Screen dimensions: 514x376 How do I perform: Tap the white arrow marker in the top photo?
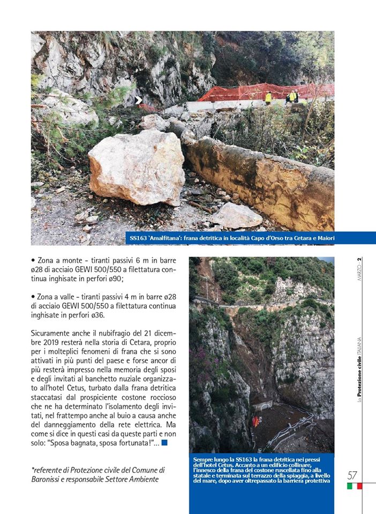coord(138,100)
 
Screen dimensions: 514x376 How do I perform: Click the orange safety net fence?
coord(257,91)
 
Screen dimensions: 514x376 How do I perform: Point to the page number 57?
coord(352,475)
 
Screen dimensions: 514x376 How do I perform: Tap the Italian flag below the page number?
coord(355,486)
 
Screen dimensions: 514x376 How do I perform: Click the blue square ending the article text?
coord(164,442)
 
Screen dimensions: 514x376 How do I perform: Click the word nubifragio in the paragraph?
coord(106,333)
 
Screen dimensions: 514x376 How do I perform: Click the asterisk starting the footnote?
coord(33,469)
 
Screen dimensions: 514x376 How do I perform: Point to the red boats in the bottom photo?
coord(255,421)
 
